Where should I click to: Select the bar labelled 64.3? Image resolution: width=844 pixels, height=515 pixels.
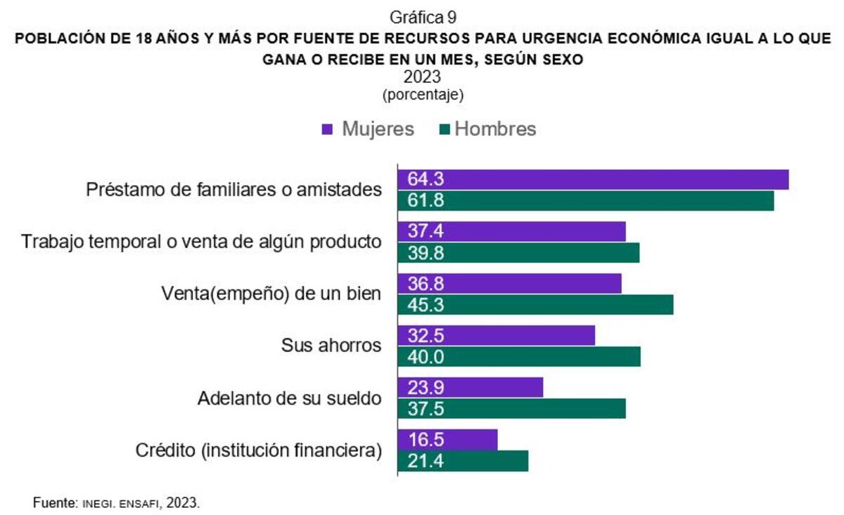[x=593, y=180]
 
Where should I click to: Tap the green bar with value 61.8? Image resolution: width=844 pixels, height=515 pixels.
[x=586, y=201]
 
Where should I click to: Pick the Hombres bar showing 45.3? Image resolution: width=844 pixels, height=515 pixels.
[x=535, y=305]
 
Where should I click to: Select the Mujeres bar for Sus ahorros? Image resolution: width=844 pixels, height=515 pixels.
[x=497, y=336]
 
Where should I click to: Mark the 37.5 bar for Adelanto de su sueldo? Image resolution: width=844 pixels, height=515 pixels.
[x=511, y=409]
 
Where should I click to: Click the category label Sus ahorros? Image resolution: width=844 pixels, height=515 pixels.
[x=331, y=346]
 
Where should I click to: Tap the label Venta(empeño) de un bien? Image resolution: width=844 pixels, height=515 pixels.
[x=271, y=294]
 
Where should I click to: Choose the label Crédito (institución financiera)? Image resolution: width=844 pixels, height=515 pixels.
[x=259, y=450]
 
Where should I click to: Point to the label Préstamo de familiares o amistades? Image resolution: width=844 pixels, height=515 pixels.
[x=234, y=190]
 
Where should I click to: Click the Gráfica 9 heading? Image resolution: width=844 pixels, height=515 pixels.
[x=422, y=15]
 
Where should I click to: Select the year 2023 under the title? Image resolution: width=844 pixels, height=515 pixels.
[x=422, y=77]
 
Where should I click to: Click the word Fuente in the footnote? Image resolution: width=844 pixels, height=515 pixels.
[x=53, y=503]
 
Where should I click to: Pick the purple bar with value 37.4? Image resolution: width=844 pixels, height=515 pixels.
[x=511, y=232]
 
